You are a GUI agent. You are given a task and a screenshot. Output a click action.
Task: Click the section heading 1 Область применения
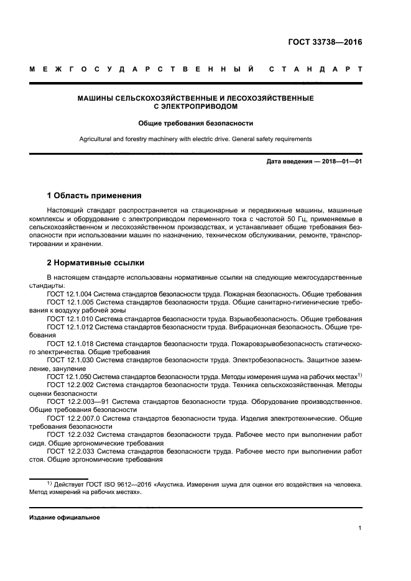pos(95,195)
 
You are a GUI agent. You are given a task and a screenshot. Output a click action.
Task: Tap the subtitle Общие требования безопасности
pos(195,123)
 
